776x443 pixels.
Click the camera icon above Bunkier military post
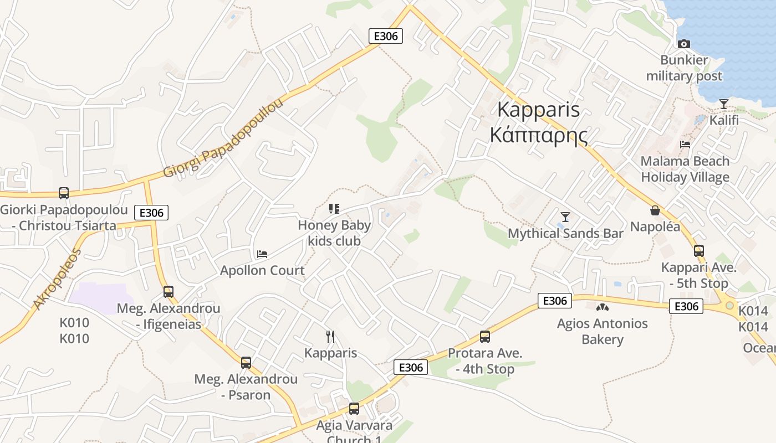(684, 44)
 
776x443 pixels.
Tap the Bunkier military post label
(684, 68)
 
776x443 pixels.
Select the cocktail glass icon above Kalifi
(724, 104)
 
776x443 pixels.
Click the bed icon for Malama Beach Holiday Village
(685, 145)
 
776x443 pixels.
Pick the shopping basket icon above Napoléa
(655, 210)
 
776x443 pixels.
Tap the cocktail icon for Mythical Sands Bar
(565, 217)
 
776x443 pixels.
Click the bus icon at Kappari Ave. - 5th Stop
(698, 251)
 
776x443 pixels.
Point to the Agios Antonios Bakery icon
(602, 307)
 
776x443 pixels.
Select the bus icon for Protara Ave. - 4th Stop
(485, 337)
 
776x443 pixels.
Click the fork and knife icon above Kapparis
(330, 337)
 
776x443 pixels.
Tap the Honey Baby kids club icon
(334, 209)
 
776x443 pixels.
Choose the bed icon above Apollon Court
(262, 254)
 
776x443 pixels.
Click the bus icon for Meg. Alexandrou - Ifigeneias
(169, 292)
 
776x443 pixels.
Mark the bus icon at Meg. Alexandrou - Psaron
(246, 363)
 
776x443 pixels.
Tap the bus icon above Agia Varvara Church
(354, 409)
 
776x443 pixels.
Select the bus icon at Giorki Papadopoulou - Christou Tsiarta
(64, 193)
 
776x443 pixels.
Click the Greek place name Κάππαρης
(538, 135)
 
